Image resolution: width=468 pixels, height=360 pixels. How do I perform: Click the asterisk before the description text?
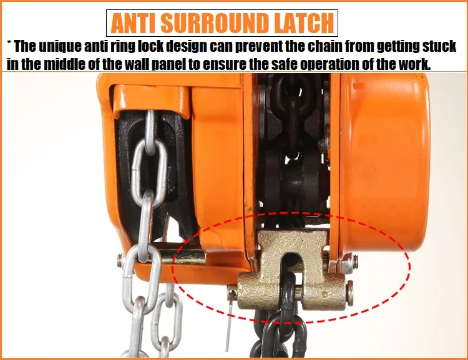pos(9,43)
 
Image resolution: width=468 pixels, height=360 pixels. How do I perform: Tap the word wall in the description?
pos(137,64)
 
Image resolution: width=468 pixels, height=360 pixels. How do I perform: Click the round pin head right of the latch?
pos(349,293)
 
